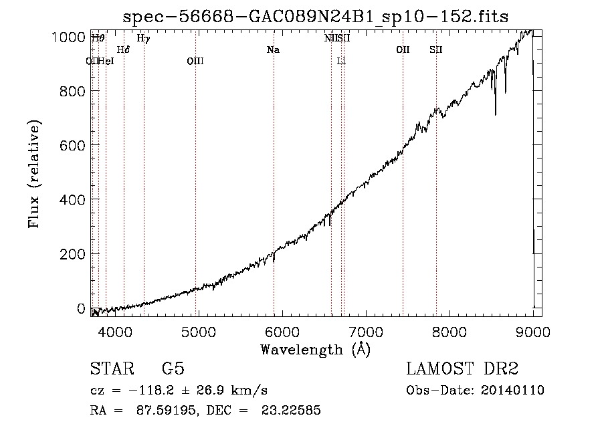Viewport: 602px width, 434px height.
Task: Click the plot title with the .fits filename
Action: tap(316, 17)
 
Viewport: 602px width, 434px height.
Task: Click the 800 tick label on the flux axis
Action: tap(72, 91)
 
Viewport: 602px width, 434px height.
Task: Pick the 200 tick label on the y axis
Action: tap(72, 254)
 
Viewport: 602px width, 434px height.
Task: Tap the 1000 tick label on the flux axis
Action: tap(68, 37)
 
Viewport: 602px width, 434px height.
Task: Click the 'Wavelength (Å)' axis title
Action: tap(315, 349)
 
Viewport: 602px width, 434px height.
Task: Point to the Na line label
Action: tap(273, 49)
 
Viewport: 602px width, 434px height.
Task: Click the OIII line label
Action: tap(195, 62)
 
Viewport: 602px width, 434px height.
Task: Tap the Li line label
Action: tap(341, 62)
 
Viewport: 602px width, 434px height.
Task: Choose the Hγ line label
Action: tap(143, 39)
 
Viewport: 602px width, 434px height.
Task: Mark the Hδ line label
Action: tap(123, 49)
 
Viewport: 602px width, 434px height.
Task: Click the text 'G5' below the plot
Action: tap(173, 369)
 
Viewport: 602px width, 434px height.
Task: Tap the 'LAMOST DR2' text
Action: tap(462, 369)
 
